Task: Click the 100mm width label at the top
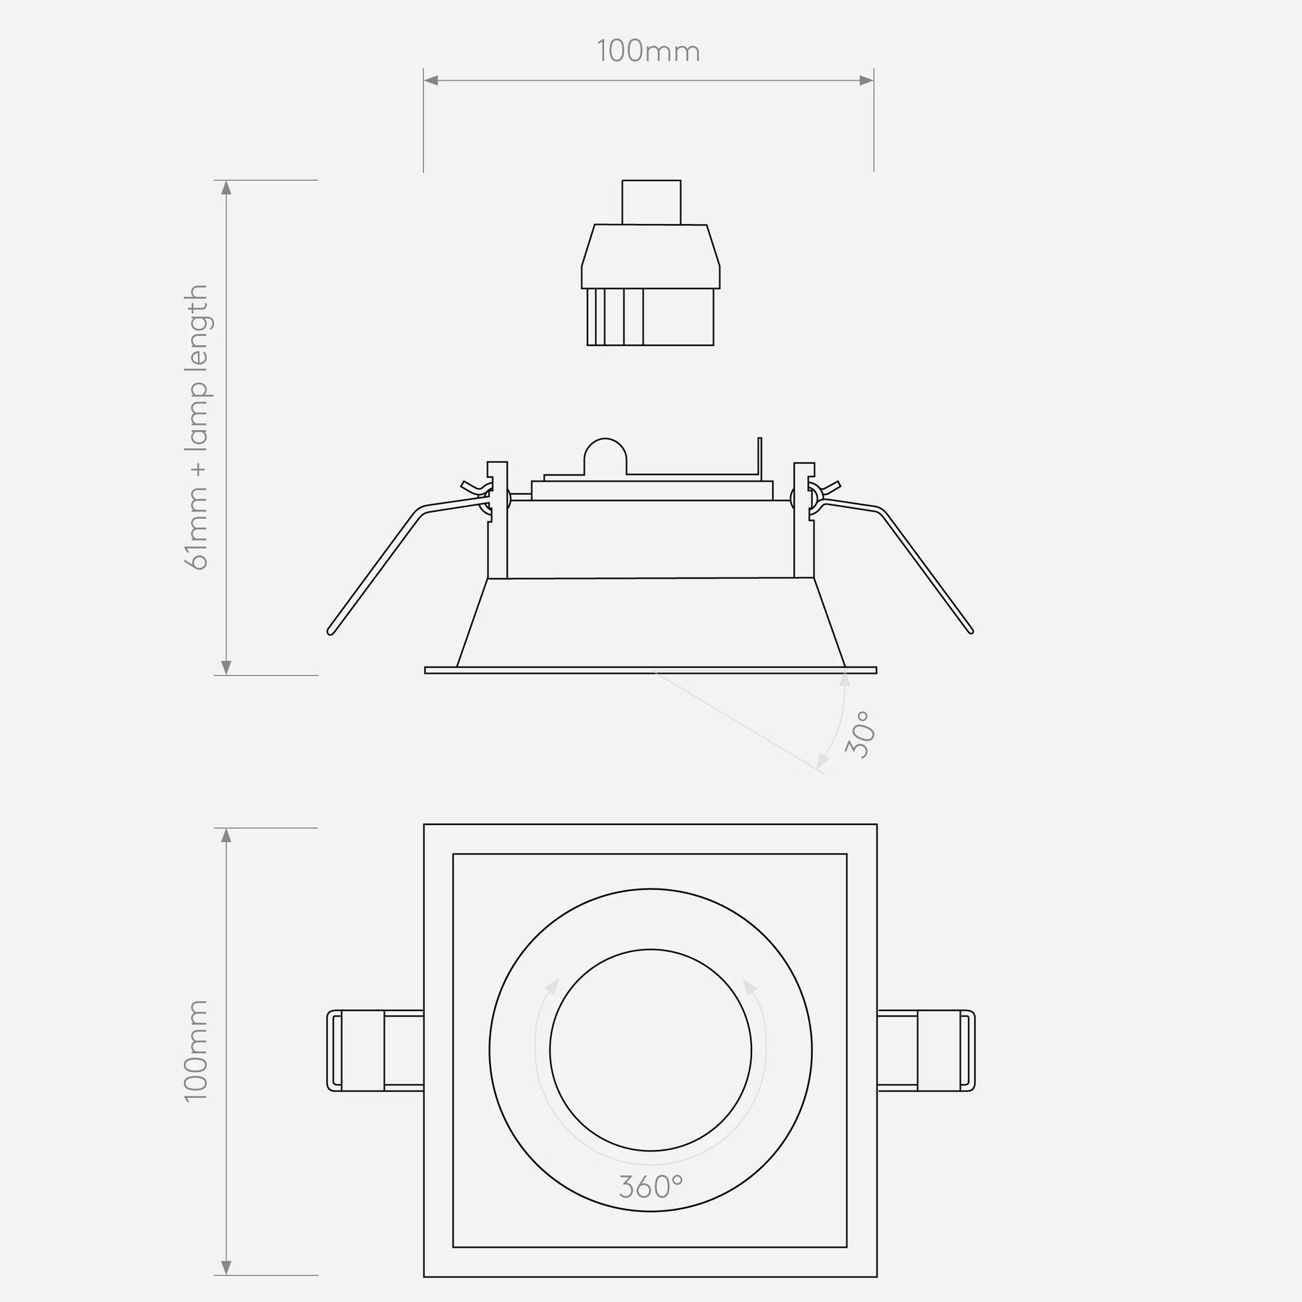pyautogui.click(x=648, y=52)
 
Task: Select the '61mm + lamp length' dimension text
pyautogui.click(x=196, y=428)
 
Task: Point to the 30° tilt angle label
pyautogui.click(x=860, y=735)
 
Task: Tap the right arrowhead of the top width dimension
pyautogui.click(x=866, y=80)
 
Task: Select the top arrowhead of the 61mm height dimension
pyautogui.click(x=226, y=187)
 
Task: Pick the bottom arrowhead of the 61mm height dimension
pyautogui.click(x=226, y=667)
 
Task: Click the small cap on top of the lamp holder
pyautogui.click(x=651, y=202)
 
